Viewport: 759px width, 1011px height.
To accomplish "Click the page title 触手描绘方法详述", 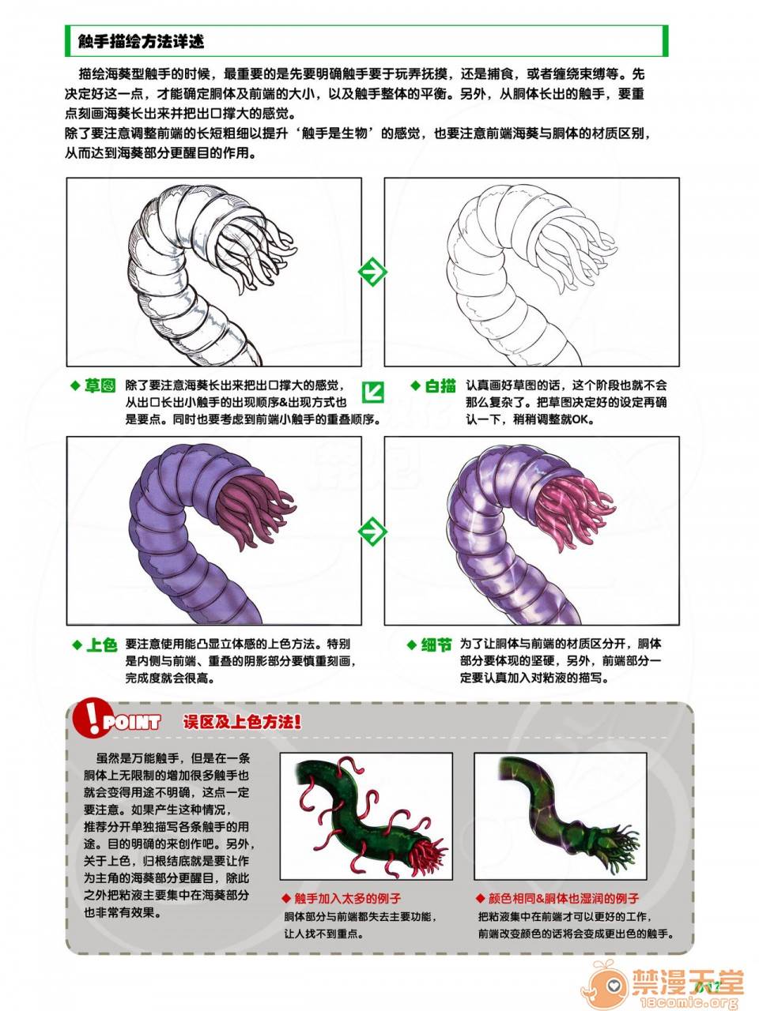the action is pos(141,41).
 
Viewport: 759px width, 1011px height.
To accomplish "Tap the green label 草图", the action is pos(100,385).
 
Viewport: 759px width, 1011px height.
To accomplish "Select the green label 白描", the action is pos(440,385).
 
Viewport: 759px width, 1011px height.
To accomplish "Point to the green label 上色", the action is pos(101,645).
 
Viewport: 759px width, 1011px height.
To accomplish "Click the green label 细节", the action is pos(436,645).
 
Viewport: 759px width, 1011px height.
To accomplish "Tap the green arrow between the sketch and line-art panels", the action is pos(372,272).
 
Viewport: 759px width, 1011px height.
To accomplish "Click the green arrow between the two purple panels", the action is pos(372,532).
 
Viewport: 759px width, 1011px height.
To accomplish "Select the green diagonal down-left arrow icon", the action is pos(373,392).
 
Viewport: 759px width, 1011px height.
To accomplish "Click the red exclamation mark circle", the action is pos(91,716).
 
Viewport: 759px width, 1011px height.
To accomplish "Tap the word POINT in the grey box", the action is pos(132,722).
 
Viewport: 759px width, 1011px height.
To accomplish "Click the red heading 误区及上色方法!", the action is pos(242,722).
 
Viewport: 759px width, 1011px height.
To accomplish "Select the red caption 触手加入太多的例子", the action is pos(347,898).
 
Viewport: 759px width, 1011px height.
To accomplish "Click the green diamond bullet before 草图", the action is pos(75,386).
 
